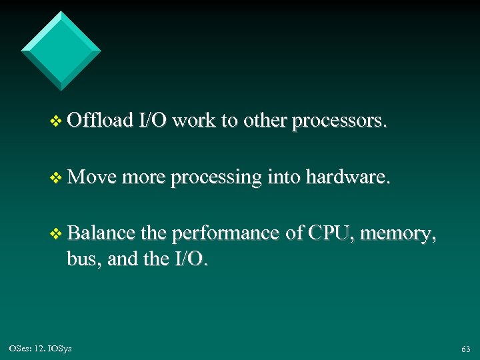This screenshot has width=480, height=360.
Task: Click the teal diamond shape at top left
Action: [61, 51]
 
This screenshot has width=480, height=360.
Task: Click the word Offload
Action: [100, 121]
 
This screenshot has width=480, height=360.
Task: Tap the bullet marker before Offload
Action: [56, 122]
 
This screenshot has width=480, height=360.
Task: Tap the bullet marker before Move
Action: [56, 178]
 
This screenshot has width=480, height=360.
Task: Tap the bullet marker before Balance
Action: [56, 234]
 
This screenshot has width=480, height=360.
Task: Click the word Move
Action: [92, 177]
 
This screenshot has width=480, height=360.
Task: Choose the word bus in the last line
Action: [82, 259]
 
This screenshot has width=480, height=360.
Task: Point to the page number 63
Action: [465, 349]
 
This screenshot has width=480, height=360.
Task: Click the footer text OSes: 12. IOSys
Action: [41, 349]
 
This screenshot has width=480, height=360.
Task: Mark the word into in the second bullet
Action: [284, 177]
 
